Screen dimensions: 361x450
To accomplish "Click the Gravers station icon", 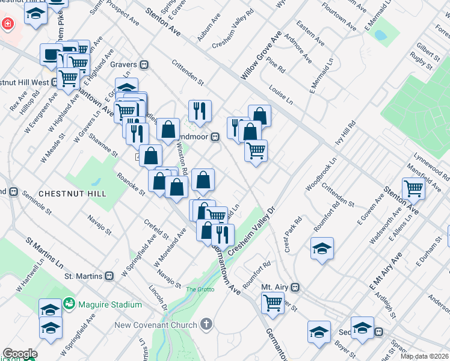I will [144, 64].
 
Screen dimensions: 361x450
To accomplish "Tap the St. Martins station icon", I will [109, 276].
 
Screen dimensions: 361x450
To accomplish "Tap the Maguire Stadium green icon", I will [70, 304].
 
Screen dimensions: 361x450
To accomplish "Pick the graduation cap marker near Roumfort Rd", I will [322, 248].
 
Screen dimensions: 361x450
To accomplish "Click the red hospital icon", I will [7, 24].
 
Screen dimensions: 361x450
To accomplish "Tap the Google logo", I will [20, 354].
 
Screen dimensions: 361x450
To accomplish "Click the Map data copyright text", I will [425, 356].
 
